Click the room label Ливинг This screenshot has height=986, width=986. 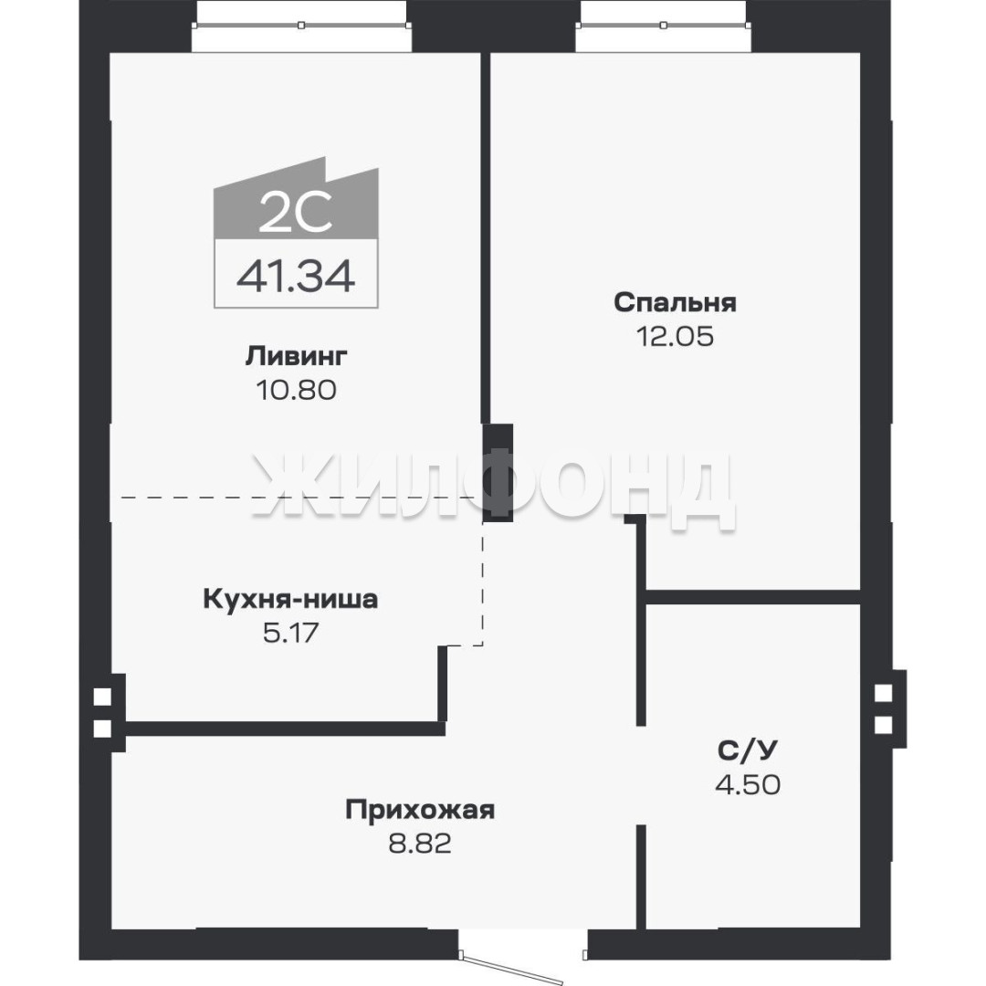pyautogui.click(x=296, y=357)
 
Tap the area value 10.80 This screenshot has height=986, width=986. pyautogui.click(x=296, y=391)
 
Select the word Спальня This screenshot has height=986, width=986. pyautogui.click(x=675, y=303)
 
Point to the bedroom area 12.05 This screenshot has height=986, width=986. pyautogui.click(x=676, y=337)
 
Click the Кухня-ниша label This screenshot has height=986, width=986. pyautogui.click(x=290, y=599)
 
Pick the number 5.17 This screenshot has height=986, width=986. pyautogui.click(x=290, y=633)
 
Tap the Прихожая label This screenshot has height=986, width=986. pyautogui.click(x=420, y=811)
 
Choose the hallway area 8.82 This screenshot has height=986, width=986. pyautogui.click(x=420, y=844)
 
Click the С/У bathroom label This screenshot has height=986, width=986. pyautogui.click(x=748, y=750)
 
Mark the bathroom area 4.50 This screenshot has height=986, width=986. pyautogui.click(x=748, y=784)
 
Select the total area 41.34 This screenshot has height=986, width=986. pyautogui.click(x=296, y=277)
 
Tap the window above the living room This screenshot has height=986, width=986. pyautogui.click(x=302, y=26)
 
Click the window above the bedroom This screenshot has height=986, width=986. pyautogui.click(x=663, y=26)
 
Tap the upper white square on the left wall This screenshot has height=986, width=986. pyautogui.click(x=102, y=697)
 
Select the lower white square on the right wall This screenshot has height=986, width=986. pyautogui.click(x=883, y=725)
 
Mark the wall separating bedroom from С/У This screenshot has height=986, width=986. pyautogui.click(x=752, y=597)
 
